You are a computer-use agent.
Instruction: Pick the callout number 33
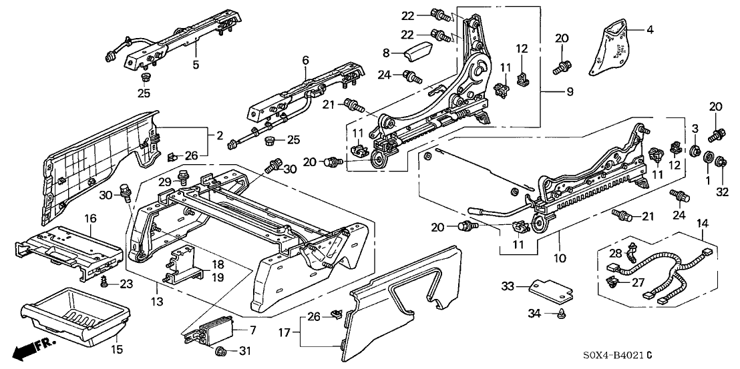tap(509, 287)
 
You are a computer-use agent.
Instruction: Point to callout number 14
tap(701, 224)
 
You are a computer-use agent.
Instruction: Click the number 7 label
tap(252, 330)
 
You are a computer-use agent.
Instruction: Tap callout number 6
tap(306, 60)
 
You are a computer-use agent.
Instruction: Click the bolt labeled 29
tap(182, 179)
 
